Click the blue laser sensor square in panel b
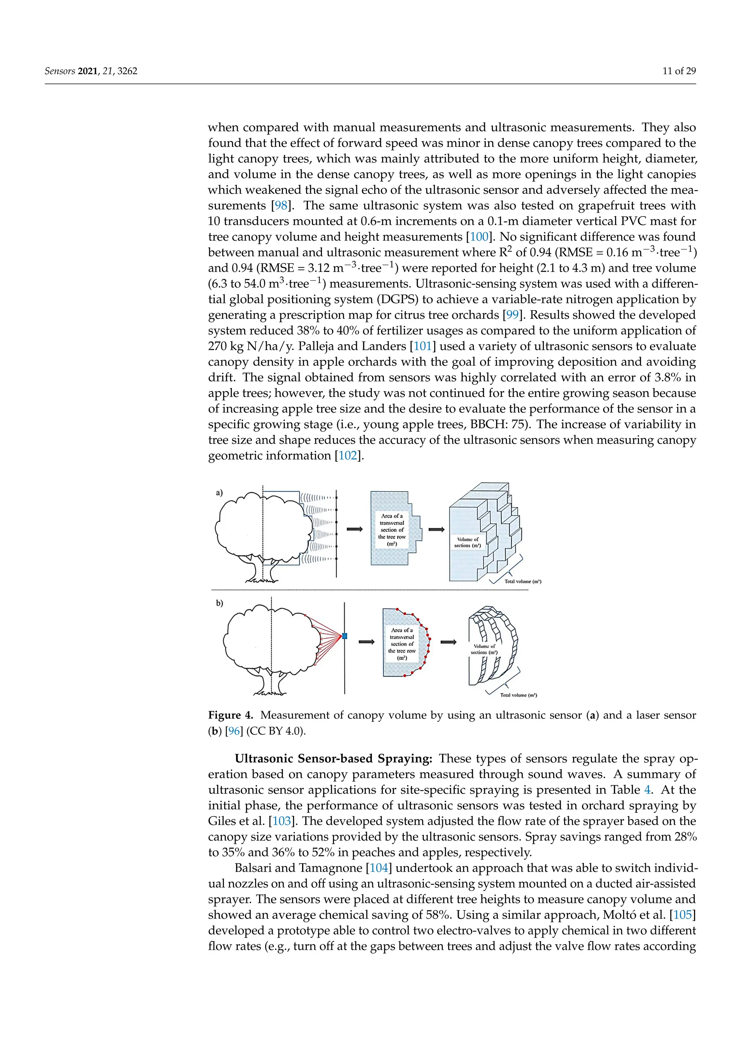point(344,636)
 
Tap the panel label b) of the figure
point(220,603)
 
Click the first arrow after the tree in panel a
point(355,529)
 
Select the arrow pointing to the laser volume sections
point(448,642)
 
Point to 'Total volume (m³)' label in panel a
point(522,582)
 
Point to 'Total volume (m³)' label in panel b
point(518,695)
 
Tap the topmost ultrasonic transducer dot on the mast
point(336,498)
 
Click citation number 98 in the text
point(281,206)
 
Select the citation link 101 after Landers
point(423,346)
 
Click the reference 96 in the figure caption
point(234,731)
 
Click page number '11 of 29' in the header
point(679,71)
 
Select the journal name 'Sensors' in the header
point(60,71)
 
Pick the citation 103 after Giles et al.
point(281,821)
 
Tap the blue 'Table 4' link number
point(647,790)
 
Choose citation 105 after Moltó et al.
point(683,915)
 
